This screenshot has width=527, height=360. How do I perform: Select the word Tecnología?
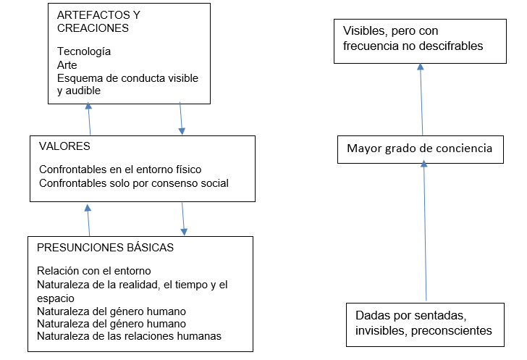pyautogui.click(x=84, y=51)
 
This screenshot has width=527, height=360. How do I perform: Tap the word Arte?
pyautogui.click(x=67, y=64)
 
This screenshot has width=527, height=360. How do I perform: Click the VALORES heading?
pyautogui.click(x=64, y=146)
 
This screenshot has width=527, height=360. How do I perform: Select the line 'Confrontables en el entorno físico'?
pyautogui.click(x=120, y=169)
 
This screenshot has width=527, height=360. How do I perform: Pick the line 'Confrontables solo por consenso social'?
pyautogui.click(x=134, y=183)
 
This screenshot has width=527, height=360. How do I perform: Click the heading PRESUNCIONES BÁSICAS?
pyautogui.click(x=105, y=247)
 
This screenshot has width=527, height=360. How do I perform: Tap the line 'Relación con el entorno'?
pyautogui.click(x=94, y=271)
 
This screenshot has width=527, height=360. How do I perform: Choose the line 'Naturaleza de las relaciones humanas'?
pyautogui.click(x=129, y=336)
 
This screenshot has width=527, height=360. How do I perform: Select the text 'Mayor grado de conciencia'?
pyautogui.click(x=419, y=148)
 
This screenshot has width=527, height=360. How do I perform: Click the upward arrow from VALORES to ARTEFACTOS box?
pyautogui.click(x=90, y=119)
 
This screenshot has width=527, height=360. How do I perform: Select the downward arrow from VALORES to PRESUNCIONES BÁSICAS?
pyautogui.click(x=183, y=219)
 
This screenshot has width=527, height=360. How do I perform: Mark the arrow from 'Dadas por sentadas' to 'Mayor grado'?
pyautogui.click(x=425, y=231)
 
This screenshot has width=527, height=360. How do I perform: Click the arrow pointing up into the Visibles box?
pyautogui.click(x=421, y=99)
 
